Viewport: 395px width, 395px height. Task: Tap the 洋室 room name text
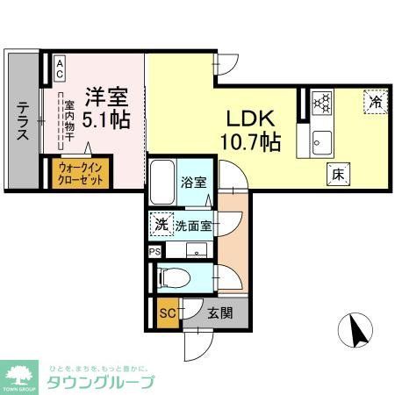(x=103, y=94)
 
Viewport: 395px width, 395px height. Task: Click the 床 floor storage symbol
(x=336, y=173)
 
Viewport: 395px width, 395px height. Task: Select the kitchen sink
(x=320, y=140)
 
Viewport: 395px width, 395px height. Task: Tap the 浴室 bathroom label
(x=194, y=183)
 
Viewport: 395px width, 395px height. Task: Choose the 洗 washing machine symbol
(x=161, y=224)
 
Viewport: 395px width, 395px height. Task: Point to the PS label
(x=154, y=252)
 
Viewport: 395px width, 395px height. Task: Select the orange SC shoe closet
(x=166, y=312)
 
